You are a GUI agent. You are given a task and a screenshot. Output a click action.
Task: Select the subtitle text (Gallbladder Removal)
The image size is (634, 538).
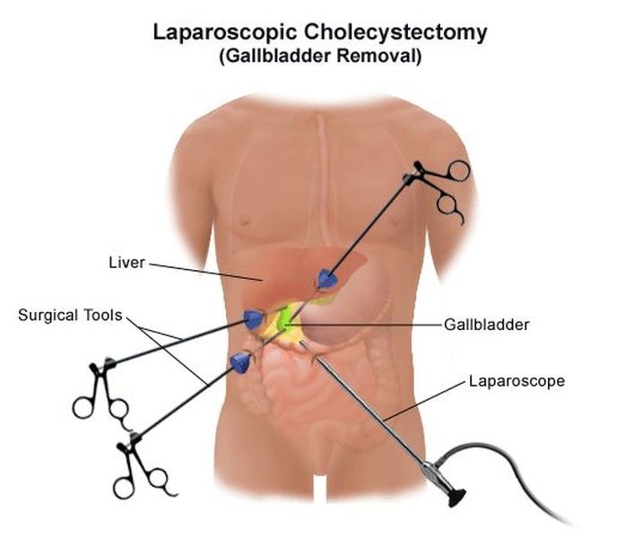318,56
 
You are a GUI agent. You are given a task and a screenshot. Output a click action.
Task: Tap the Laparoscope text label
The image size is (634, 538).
517,381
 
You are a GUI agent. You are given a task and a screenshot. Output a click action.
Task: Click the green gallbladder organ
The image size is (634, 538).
288,317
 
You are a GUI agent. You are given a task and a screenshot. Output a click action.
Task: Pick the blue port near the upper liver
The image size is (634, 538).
326,280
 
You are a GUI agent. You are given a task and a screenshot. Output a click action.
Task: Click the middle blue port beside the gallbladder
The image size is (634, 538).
254,318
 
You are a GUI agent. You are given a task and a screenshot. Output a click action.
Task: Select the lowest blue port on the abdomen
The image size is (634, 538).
240,362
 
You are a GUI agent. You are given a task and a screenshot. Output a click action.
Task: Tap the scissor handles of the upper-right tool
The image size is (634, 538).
445,188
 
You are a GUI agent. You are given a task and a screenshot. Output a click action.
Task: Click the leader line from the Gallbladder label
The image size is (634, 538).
377,324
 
